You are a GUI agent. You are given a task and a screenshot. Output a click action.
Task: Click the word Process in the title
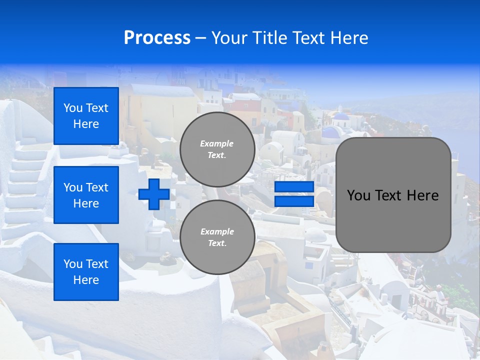(157, 38)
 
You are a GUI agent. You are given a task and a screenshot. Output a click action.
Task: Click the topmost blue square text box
(86, 116)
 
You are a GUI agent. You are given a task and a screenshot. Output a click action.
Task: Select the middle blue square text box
(86, 195)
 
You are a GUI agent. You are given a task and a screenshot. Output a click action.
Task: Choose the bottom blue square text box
(86, 272)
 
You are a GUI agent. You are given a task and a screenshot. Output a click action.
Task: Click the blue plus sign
(153, 194)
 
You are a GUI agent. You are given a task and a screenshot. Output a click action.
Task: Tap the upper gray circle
(217, 149)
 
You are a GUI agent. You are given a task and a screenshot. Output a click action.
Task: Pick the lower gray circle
(217, 237)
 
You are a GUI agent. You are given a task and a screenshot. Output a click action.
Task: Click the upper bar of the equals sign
(294, 187)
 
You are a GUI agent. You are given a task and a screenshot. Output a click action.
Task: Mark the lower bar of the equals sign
(294, 201)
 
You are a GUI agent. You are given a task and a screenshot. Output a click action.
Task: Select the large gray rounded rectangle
(393, 195)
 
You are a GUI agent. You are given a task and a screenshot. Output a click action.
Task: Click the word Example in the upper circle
(217, 143)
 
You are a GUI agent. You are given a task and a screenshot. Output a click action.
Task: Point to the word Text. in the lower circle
(217, 243)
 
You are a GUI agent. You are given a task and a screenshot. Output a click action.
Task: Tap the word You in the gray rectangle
(358, 195)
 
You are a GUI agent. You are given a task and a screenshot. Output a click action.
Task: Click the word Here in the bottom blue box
(86, 280)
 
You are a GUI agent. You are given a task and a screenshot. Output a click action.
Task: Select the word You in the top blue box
(73, 108)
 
